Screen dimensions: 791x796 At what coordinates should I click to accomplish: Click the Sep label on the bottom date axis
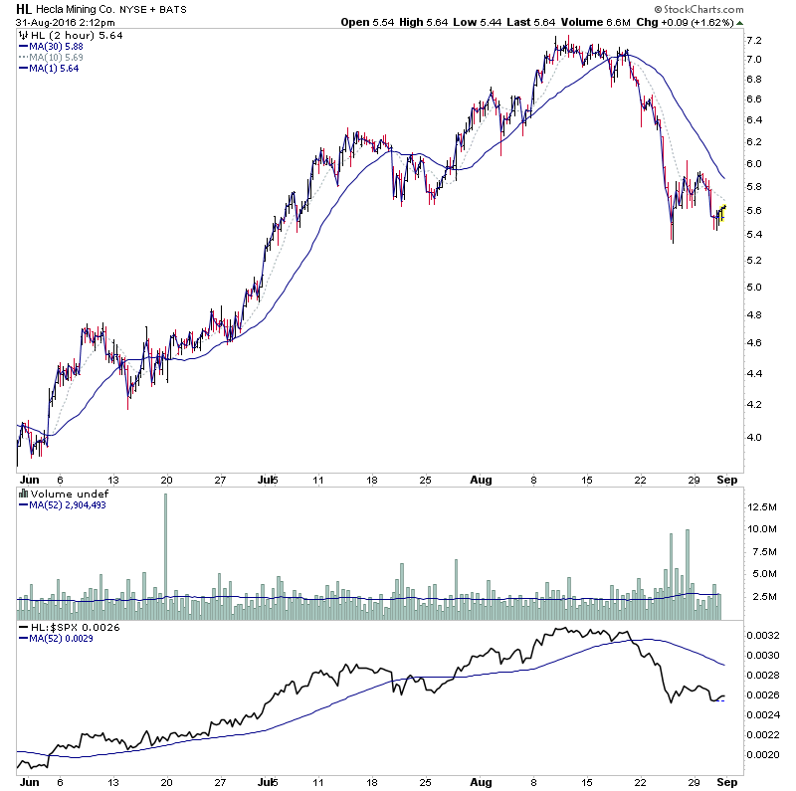pos(725,782)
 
